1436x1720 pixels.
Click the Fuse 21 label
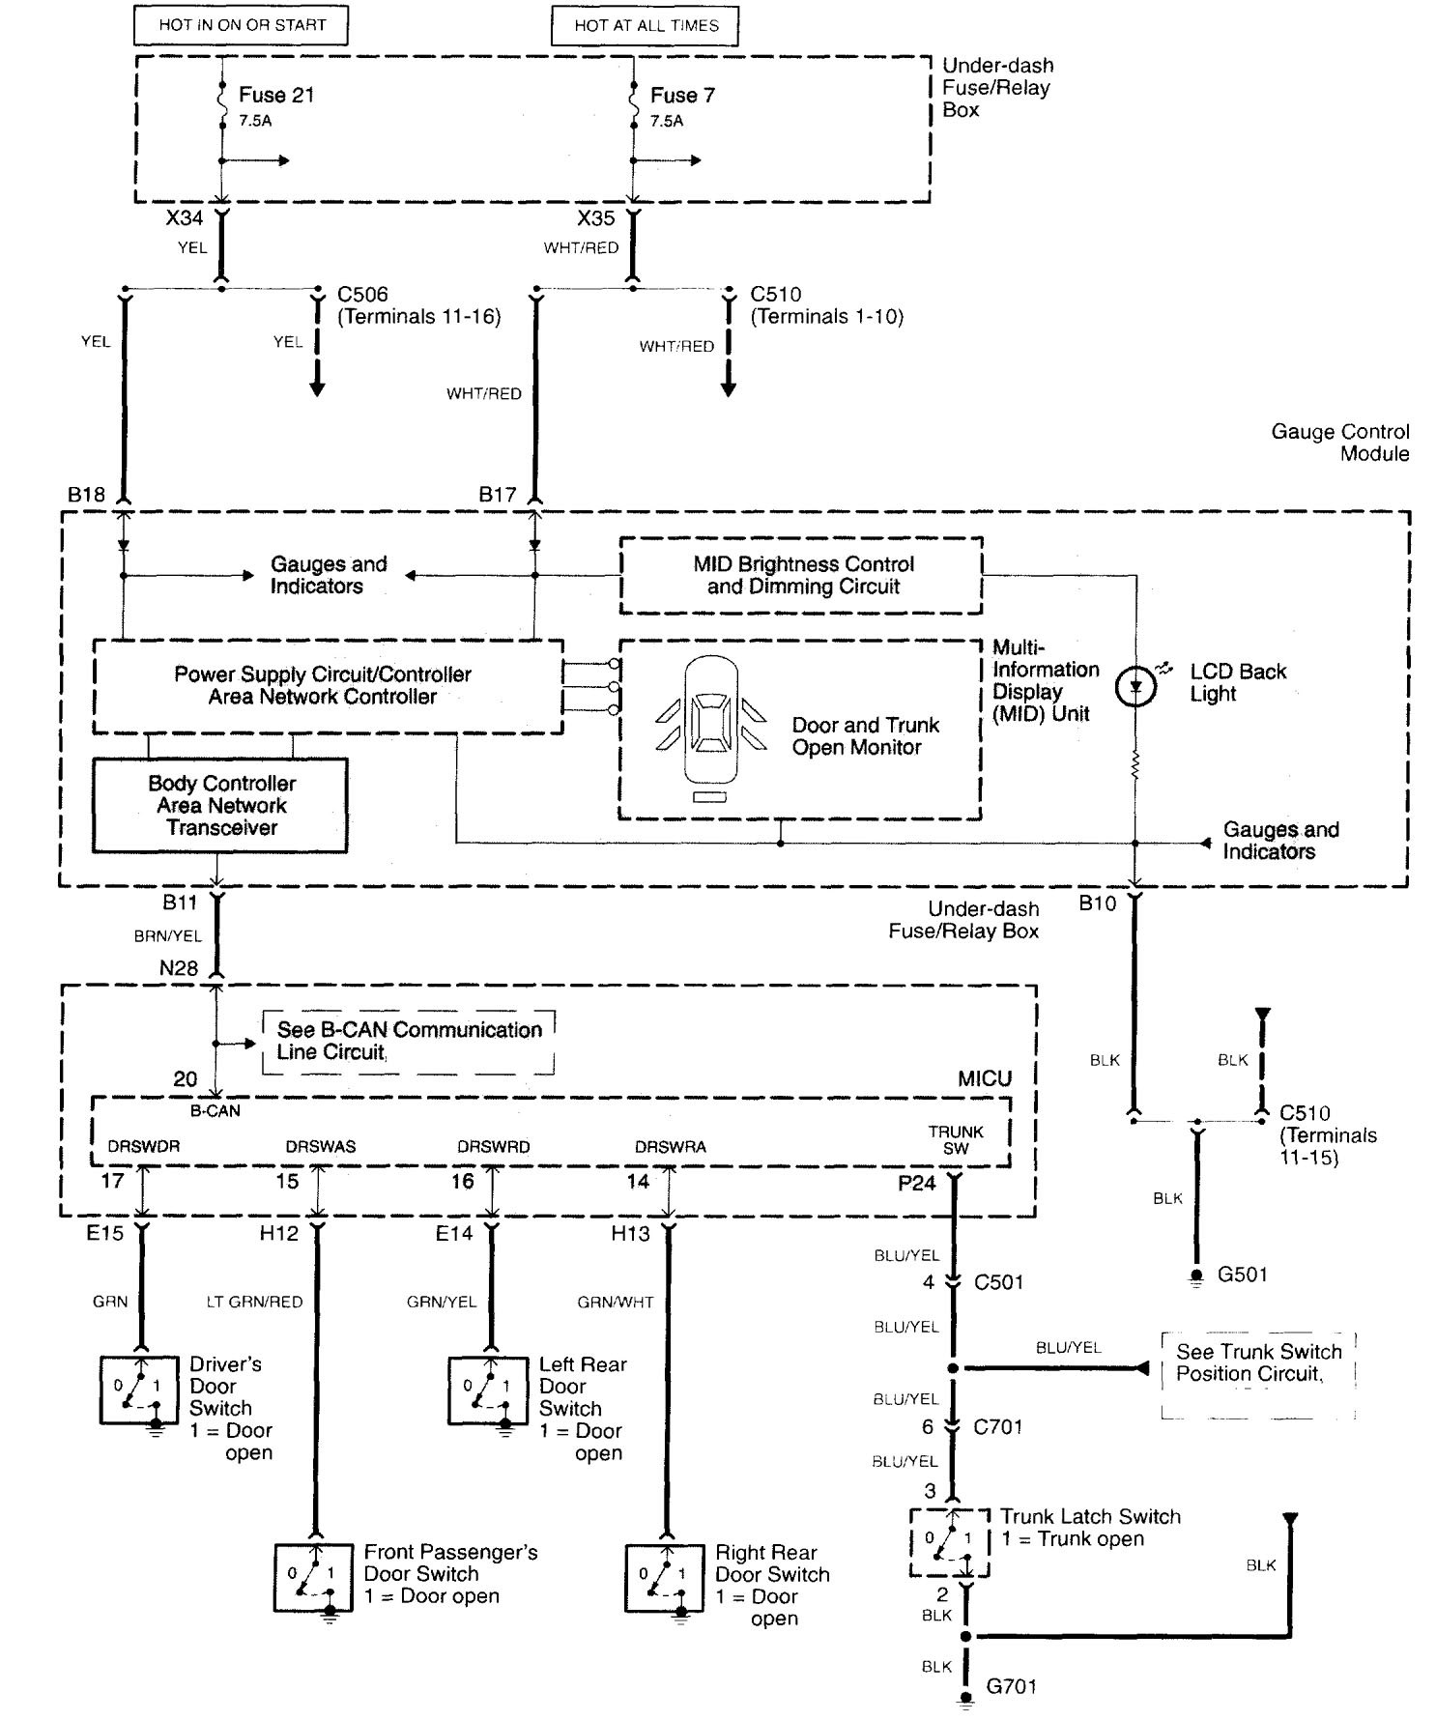[276, 95]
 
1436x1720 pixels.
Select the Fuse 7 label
[682, 95]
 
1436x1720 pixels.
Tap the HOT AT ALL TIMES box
[646, 26]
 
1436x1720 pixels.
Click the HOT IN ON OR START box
[242, 25]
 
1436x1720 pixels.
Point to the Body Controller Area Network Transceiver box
[220, 805]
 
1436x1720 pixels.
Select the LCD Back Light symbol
[1135, 687]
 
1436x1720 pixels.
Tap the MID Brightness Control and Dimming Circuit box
[802, 576]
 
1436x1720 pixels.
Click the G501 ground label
[1243, 1275]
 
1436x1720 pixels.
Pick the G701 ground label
[1011, 1686]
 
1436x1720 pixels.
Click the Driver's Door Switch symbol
[139, 1390]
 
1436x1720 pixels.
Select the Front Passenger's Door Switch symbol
[313, 1577]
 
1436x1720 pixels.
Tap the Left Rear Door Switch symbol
[489, 1390]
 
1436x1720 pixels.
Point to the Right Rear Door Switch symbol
[665, 1577]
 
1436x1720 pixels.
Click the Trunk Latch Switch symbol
[950, 1542]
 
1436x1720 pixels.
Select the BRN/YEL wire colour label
[168, 935]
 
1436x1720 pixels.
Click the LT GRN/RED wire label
[254, 1302]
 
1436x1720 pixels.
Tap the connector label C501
[998, 1282]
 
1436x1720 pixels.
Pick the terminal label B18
[86, 495]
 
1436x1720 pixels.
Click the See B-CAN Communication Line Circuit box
[409, 1042]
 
